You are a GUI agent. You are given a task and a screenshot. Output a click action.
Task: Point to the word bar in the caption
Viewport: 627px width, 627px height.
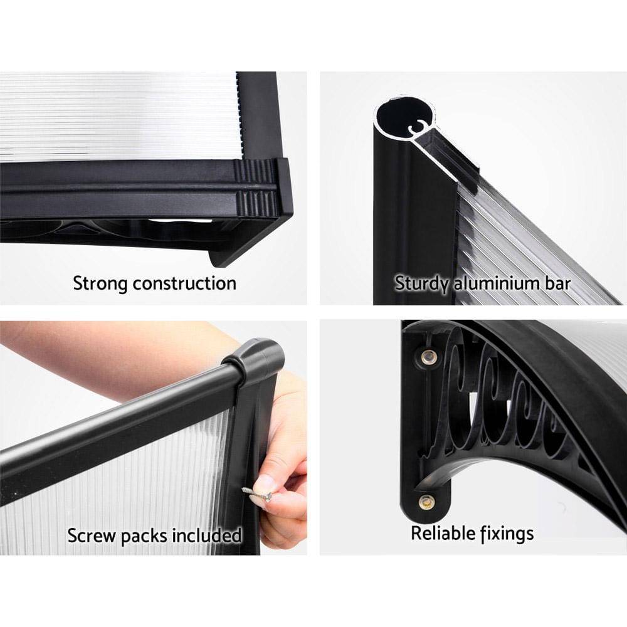click(557, 283)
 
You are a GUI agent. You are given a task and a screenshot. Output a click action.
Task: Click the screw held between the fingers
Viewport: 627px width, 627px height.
click(258, 495)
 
